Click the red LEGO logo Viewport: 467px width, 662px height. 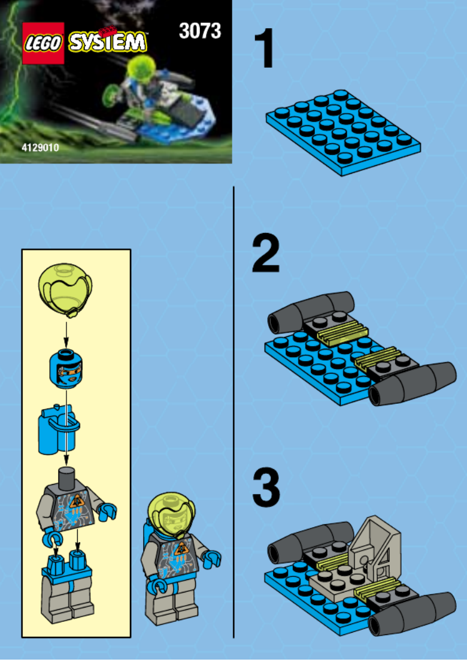(x=43, y=43)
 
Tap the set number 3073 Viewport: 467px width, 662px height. (x=200, y=31)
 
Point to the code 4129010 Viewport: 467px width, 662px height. (x=41, y=148)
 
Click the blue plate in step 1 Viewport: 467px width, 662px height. (x=344, y=132)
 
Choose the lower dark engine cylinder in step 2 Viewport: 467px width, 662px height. (x=412, y=384)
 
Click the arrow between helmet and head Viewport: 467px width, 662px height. (x=66, y=334)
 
